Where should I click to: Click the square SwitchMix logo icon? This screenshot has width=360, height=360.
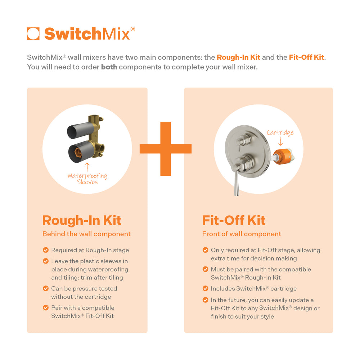point(33,33)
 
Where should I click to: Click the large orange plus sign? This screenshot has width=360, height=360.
point(166,149)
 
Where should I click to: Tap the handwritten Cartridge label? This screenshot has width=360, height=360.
point(280,132)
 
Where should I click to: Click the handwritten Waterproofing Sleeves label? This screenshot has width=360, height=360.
point(87,179)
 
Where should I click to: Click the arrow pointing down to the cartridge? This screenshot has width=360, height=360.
point(281,142)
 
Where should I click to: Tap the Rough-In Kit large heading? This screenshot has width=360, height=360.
point(82,220)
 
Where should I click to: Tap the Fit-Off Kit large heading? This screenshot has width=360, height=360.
point(234,220)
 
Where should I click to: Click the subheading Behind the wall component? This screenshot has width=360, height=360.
point(86,234)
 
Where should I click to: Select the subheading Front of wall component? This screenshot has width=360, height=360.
point(242,234)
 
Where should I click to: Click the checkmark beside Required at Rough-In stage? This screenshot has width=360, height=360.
point(46,250)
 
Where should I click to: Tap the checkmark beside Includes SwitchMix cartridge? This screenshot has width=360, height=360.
point(205,288)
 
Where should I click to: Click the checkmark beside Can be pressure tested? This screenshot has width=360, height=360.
point(46,288)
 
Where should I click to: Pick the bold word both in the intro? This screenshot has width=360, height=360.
point(109,67)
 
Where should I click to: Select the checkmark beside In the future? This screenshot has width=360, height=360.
point(205,300)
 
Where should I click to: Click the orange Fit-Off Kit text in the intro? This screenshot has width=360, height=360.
point(307,57)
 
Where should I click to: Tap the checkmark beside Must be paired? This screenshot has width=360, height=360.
point(205,269)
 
